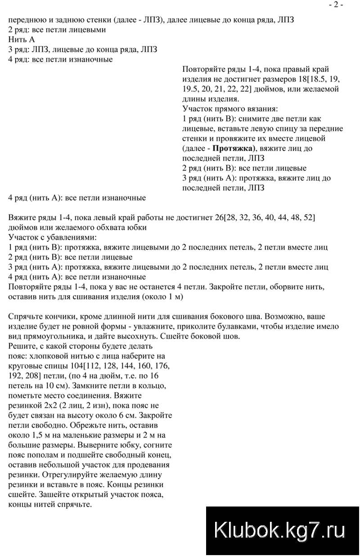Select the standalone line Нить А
pos(21,40)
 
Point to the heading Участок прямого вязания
pos(230,109)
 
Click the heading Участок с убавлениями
pos(53,238)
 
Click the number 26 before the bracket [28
pos(219,218)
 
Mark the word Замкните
pos(124,386)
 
